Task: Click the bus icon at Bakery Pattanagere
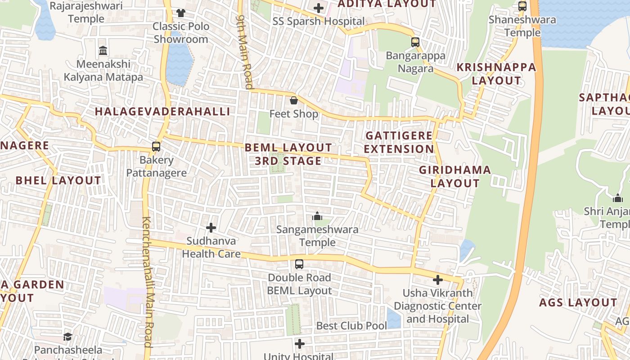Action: pos(156,147)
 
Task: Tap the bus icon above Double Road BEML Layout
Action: pos(299,264)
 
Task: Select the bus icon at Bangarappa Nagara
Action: pos(415,42)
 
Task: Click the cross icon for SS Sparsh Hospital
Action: pos(319,8)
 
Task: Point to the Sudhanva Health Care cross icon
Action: pos(211,228)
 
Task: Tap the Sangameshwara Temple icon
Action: pos(317,216)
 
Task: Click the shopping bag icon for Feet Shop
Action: pos(294,100)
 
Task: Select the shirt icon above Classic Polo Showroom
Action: pos(181,13)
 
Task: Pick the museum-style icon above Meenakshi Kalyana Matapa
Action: pos(103,50)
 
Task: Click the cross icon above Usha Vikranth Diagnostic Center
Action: pos(438,280)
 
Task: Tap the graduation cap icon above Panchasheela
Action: pos(67,337)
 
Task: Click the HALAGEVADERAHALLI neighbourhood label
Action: pos(162,112)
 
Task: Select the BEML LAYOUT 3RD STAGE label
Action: pos(288,154)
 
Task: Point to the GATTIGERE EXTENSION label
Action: pos(399,142)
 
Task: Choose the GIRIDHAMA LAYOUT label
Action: pos(455,176)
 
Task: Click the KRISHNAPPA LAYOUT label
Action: pos(496,74)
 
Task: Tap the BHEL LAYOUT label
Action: pos(58,180)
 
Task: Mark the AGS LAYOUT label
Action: pos(578,302)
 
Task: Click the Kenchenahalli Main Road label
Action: pos(148,281)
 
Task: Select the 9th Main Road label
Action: pos(245,52)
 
